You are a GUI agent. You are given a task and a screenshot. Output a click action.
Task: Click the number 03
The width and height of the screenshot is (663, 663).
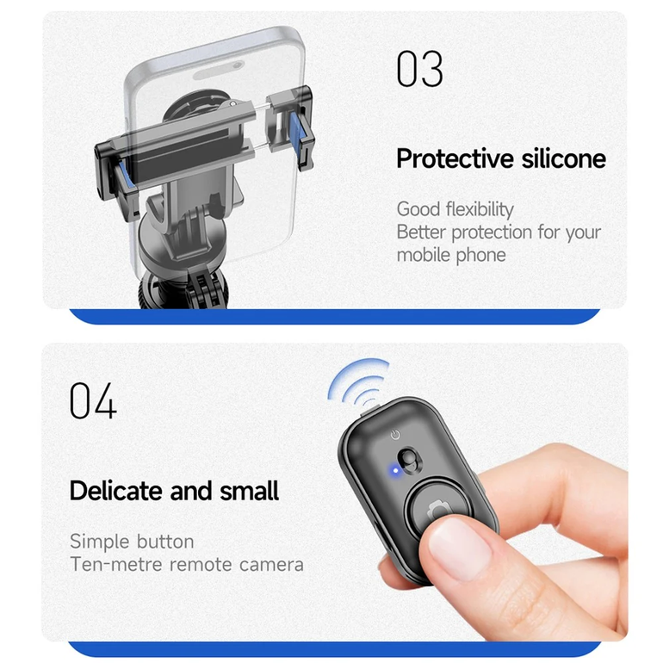click(x=420, y=69)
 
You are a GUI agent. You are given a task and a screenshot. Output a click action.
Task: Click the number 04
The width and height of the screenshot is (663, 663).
click(x=93, y=400)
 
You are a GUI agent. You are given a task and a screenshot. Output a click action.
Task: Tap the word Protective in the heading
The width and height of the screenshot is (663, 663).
click(x=455, y=158)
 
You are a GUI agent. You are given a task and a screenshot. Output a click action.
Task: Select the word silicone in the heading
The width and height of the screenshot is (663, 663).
click(x=564, y=158)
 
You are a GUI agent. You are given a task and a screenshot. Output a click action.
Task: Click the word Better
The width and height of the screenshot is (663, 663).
click(x=421, y=232)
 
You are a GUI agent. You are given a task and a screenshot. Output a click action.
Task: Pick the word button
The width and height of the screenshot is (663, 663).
click(x=165, y=542)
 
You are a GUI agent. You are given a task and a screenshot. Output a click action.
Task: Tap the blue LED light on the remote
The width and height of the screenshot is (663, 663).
click(x=395, y=470)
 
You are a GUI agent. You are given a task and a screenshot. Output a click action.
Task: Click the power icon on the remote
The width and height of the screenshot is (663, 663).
click(x=395, y=434)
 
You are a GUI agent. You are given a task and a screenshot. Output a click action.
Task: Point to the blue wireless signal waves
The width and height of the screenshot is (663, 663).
click(x=357, y=381)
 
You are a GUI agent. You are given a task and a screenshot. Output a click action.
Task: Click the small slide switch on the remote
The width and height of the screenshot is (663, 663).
click(x=409, y=460)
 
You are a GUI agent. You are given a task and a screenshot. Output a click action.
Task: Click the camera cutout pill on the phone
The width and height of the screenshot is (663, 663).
click(x=220, y=71)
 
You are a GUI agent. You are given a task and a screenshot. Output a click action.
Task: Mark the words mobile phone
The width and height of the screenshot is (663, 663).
click(x=451, y=255)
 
